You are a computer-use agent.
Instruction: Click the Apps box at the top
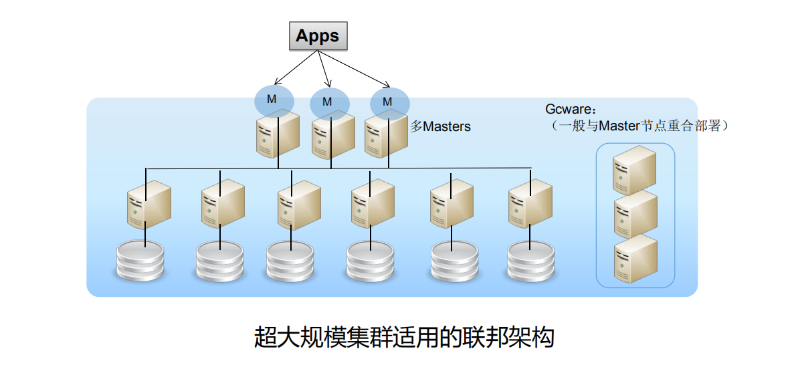[x=318, y=35]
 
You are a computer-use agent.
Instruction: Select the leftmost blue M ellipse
[x=274, y=99]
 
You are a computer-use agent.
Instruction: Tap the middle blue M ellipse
[x=329, y=102]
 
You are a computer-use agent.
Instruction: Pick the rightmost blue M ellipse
[x=389, y=102]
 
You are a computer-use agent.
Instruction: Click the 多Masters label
[x=440, y=126]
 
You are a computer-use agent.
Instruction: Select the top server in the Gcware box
[x=635, y=168]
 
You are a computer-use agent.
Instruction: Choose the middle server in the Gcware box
[x=635, y=213]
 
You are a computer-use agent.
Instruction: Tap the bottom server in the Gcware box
[x=635, y=257]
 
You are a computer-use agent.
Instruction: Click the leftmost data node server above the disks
[x=148, y=205]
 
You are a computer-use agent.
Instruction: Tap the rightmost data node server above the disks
[x=530, y=205]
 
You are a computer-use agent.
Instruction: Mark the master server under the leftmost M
[x=276, y=134]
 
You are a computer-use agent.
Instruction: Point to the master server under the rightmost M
[x=386, y=138]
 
